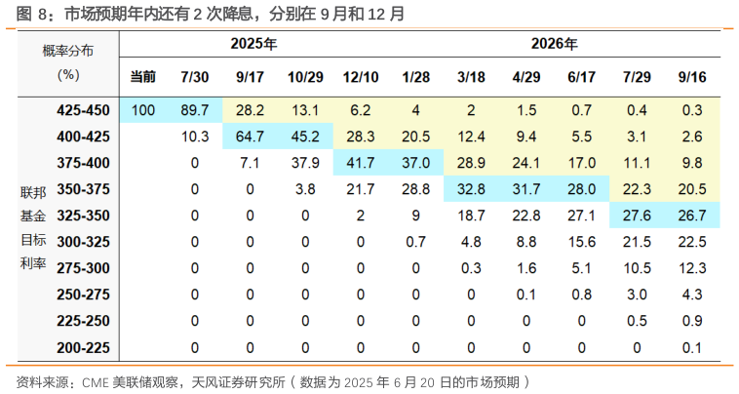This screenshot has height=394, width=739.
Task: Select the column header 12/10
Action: (361, 76)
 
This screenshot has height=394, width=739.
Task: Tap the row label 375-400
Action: (84, 163)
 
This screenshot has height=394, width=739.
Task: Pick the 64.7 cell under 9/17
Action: (251, 137)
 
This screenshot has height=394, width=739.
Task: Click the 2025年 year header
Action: (253, 44)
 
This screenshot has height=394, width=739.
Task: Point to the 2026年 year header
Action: (554, 44)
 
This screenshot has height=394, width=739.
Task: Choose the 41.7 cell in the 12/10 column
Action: (361, 163)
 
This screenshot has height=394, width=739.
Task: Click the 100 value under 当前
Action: (143, 110)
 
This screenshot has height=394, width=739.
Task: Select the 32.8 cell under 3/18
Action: (471, 189)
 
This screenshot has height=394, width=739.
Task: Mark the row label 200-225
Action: (84, 347)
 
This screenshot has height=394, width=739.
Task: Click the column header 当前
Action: (143, 76)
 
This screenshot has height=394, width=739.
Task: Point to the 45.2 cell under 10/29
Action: (305, 137)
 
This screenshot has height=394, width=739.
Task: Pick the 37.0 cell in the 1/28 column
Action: (416, 163)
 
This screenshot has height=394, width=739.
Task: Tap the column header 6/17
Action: (581, 76)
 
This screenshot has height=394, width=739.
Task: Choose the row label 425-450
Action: (84, 110)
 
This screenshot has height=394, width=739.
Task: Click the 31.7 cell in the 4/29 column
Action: (526, 189)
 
